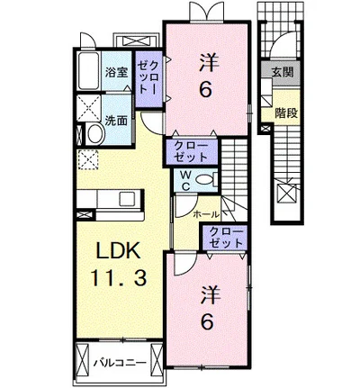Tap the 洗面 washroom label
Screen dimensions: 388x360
tap(116, 118)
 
